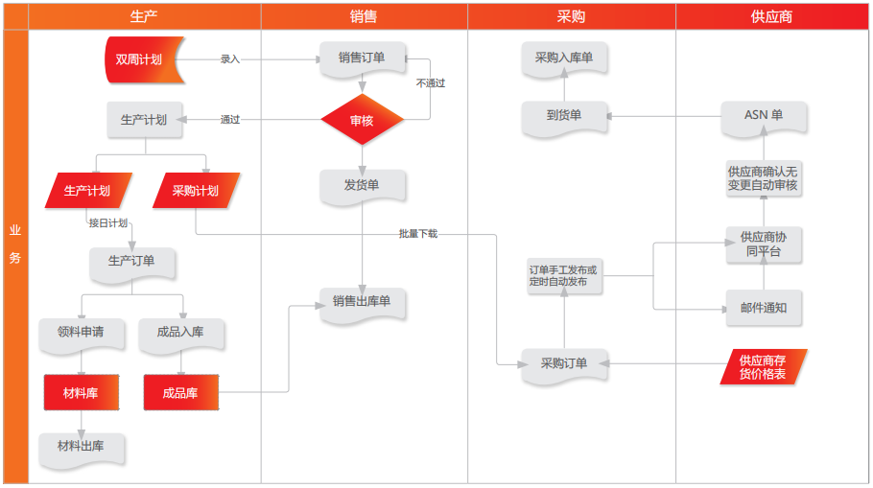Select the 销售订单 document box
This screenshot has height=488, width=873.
pyautogui.click(x=362, y=58)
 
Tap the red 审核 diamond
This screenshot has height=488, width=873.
pyautogui.click(x=362, y=121)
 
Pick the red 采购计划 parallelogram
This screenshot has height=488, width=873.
pyautogui.click(x=196, y=191)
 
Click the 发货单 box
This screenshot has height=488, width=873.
pyautogui.click(x=362, y=185)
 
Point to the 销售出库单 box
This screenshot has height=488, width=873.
pyautogui.click(x=362, y=302)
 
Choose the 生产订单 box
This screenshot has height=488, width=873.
pyautogui.click(x=131, y=261)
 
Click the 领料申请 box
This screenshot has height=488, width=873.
pyautogui.click(x=82, y=333)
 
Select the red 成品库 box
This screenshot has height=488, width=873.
pyautogui.click(x=180, y=392)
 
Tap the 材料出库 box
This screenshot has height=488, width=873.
pyautogui.click(x=82, y=446)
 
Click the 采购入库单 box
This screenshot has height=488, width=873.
pyautogui.click(x=564, y=58)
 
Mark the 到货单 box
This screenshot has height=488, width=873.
pyautogui.click(x=564, y=116)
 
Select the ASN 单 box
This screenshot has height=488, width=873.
pyautogui.click(x=764, y=116)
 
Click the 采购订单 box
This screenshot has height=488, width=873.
pyautogui.click(x=564, y=363)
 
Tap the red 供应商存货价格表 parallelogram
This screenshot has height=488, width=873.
pyautogui.click(x=764, y=367)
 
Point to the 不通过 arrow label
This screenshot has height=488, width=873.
pyautogui.click(x=431, y=83)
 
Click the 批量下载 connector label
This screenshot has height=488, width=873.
pyautogui.click(x=418, y=234)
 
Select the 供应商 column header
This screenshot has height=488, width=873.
pyautogui.click(x=771, y=16)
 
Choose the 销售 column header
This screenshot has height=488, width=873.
pyautogui.click(x=364, y=16)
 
